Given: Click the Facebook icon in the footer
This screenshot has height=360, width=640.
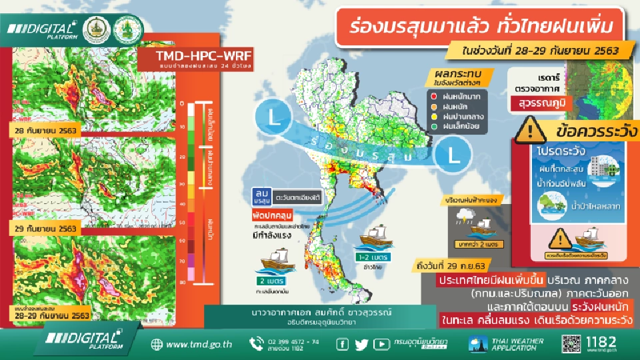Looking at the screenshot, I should point(343,344).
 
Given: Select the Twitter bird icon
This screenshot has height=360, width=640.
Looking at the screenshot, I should point(362,344).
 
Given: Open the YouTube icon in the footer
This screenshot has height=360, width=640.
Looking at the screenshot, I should point(381,344).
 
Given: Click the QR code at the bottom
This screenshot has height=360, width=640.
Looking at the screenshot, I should point(573,344).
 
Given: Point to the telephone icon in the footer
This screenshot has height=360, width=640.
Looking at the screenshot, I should point(257,344).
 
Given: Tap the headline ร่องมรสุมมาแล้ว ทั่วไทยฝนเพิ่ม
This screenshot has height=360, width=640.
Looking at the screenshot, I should point(481,28).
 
